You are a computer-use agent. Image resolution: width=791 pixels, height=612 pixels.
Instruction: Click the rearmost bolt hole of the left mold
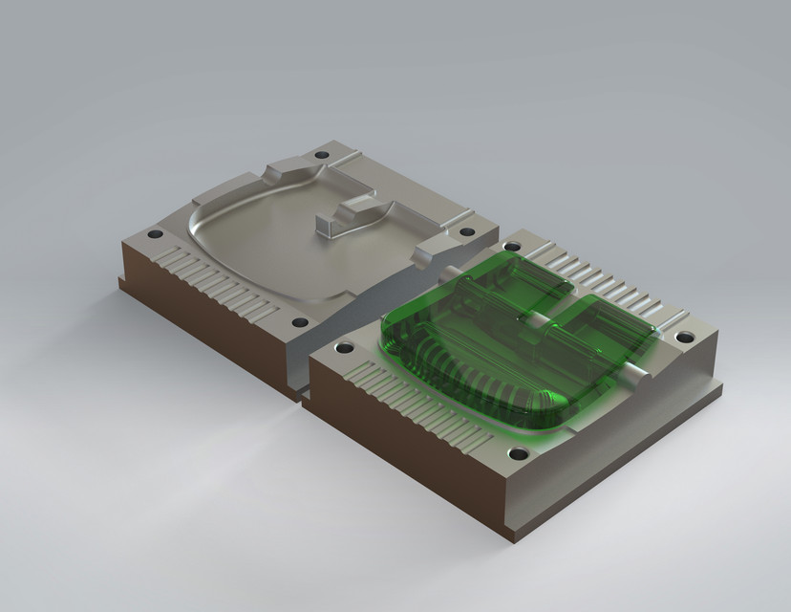321,155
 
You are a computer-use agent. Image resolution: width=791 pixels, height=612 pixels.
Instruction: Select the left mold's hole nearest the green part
466,231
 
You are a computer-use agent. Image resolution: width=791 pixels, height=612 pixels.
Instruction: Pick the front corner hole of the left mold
300,322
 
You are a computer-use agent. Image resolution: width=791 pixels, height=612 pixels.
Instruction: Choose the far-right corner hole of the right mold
684,337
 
